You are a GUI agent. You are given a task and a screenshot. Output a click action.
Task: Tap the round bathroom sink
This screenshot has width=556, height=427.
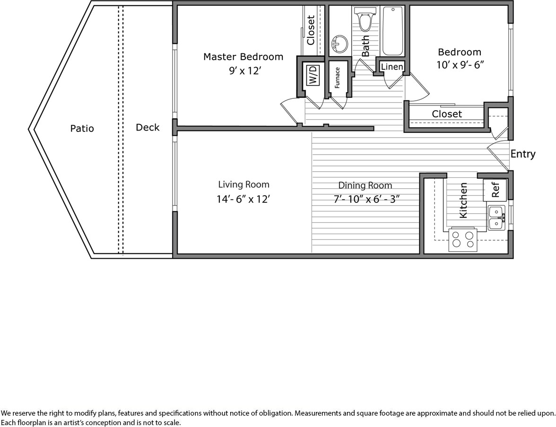pyautogui.click(x=340, y=44)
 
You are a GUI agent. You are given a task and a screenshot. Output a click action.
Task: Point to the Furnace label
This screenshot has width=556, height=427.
pyautogui.click(x=337, y=78)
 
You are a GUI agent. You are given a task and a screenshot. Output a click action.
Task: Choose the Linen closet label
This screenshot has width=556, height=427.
pyautogui.click(x=392, y=67)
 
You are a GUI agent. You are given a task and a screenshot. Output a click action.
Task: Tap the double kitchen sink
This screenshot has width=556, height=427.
pyautogui.click(x=497, y=218)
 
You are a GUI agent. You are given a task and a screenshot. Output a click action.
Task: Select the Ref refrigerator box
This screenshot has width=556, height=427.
pyautogui.click(x=495, y=190)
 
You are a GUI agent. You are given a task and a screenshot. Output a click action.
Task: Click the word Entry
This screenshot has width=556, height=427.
pyautogui.click(x=523, y=154)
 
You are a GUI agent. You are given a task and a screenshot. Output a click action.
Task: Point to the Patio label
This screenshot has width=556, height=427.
pyautogui.click(x=82, y=128)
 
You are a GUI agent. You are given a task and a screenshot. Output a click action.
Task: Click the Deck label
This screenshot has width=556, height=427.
pyautogui.click(x=148, y=127)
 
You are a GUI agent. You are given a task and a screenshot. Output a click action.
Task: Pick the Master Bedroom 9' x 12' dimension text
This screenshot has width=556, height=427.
pyautogui.click(x=245, y=71)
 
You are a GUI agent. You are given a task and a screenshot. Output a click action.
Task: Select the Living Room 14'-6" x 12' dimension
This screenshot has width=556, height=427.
pyautogui.click(x=243, y=199)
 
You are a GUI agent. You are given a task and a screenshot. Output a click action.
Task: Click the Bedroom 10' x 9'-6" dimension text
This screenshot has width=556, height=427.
pyautogui.click(x=460, y=65)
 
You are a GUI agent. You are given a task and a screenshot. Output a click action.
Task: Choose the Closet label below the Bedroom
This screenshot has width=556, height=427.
pyautogui.click(x=447, y=114)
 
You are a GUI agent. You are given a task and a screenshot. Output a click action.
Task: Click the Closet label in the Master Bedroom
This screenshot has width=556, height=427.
pyautogui.click(x=311, y=30)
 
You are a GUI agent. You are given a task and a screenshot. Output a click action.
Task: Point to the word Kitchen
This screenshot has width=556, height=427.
pyautogui.click(x=463, y=200)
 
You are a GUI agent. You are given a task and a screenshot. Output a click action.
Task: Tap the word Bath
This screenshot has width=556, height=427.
pyautogui.click(x=365, y=46)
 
